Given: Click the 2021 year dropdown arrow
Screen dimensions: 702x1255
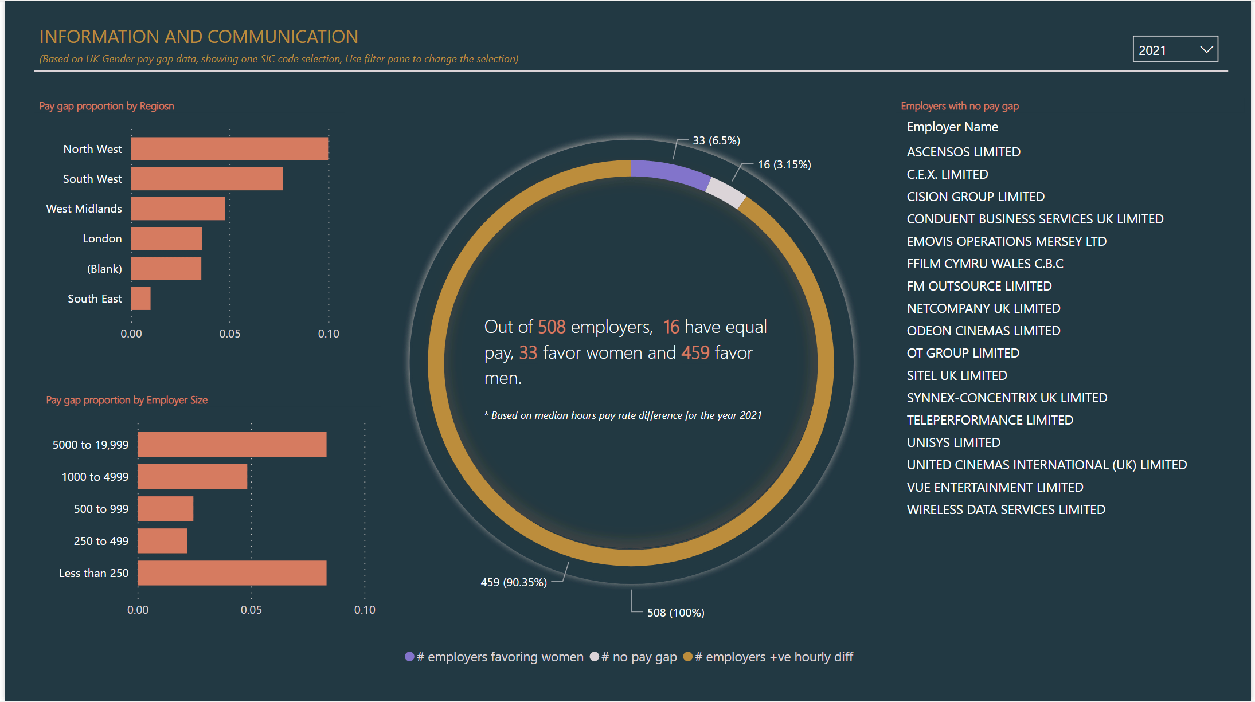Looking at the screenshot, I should (x=1206, y=50).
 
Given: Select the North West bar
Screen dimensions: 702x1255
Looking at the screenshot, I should (x=229, y=149).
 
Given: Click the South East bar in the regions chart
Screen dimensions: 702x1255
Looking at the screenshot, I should (x=140, y=299).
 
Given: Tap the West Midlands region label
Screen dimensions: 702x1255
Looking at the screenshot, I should (x=84, y=209).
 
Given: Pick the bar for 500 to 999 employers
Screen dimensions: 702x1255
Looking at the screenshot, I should (x=165, y=509).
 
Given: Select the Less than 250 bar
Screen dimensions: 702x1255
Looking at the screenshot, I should (x=232, y=573).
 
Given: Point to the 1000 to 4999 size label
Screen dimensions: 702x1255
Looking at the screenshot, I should (x=95, y=477).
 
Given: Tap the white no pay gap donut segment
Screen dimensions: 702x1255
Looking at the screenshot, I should (x=726, y=192).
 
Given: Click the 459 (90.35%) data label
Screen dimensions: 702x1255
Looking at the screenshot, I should (x=514, y=582).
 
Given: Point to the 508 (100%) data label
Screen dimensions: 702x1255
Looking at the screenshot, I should (x=675, y=613).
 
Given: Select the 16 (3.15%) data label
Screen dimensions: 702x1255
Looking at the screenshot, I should (x=784, y=165).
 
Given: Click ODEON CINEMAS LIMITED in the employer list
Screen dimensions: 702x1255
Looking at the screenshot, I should (x=983, y=331).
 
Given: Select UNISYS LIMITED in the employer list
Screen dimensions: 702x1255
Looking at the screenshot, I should (x=953, y=442).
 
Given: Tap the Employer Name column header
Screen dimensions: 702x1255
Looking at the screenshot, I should (x=952, y=127).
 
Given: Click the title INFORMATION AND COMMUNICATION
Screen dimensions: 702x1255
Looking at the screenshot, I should (x=198, y=37).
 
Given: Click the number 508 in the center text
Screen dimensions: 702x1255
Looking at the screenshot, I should (x=552, y=327).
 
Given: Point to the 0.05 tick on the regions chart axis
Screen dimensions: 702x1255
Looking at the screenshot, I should (x=229, y=334).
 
